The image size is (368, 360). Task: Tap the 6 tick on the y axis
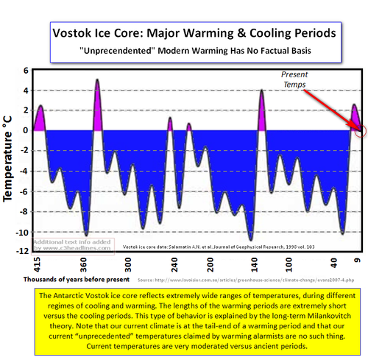[25, 71]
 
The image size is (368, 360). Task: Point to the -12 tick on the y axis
[22, 252]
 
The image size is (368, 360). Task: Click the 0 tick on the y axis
[25, 131]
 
